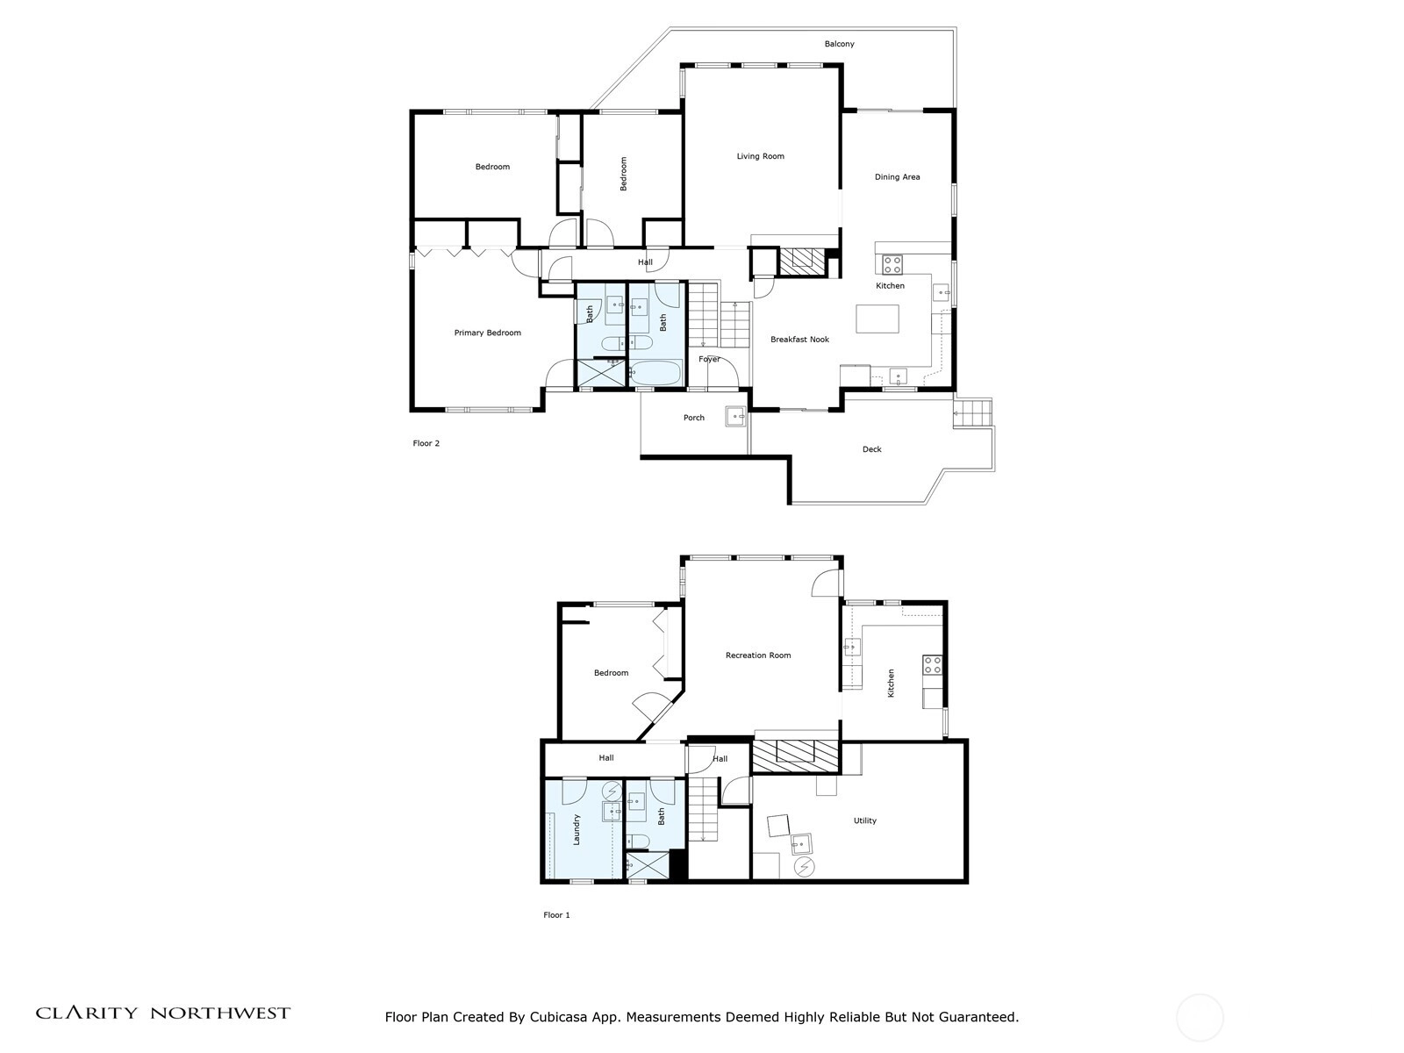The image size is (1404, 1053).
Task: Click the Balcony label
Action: click(839, 44)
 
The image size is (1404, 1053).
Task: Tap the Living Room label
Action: click(760, 156)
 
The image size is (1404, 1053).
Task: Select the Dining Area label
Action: click(897, 177)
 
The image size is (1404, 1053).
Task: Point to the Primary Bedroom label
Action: click(487, 333)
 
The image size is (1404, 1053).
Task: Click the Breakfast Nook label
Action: click(799, 340)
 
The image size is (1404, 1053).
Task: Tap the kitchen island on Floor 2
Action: click(877, 319)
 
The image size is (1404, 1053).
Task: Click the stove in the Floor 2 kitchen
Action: click(892, 264)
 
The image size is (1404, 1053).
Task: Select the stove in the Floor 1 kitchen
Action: click(932, 665)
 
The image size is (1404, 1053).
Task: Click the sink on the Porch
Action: click(735, 416)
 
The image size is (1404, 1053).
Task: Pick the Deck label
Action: click(872, 449)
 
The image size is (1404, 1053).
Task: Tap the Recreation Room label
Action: click(758, 655)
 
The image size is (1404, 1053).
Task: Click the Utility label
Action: click(865, 820)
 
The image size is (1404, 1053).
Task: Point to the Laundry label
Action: click(577, 830)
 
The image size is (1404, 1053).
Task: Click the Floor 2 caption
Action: click(426, 444)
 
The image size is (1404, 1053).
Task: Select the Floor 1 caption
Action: click(556, 915)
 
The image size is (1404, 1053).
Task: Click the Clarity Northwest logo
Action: click(162, 1014)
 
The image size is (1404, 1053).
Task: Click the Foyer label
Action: click(709, 359)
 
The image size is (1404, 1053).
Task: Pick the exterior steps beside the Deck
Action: click(973, 412)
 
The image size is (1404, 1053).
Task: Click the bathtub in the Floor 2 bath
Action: click(655, 374)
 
